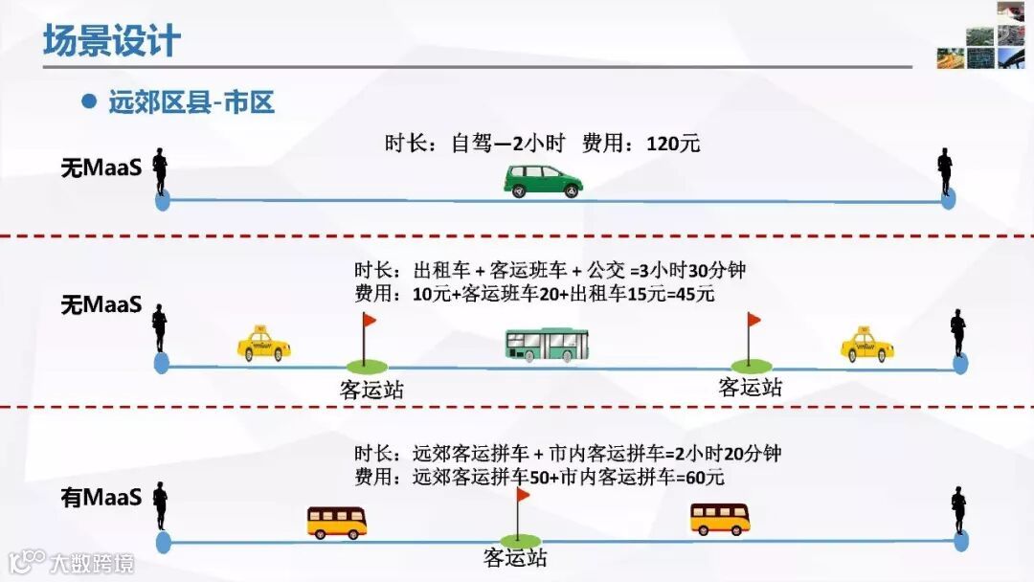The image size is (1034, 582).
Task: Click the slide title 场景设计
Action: pyautogui.click(x=111, y=41)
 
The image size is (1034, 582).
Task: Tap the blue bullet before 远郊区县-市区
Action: pyautogui.click(x=90, y=101)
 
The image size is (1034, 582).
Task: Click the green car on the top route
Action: pyautogui.click(x=543, y=180)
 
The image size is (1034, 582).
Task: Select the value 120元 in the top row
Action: pyautogui.click(x=673, y=145)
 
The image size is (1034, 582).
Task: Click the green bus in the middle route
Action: pyautogui.click(x=547, y=345)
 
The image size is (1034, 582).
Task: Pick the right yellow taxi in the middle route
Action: pyautogui.click(x=867, y=344)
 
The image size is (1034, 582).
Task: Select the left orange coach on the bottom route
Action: pyautogui.click(x=337, y=523)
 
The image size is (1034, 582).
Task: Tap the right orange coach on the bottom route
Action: pyautogui.click(x=720, y=519)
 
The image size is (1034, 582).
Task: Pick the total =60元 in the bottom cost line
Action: pyautogui.click(x=709, y=476)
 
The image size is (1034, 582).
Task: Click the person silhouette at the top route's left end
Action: pyautogui.click(x=162, y=172)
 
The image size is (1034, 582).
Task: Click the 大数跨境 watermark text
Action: pyautogui.click(x=92, y=562)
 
